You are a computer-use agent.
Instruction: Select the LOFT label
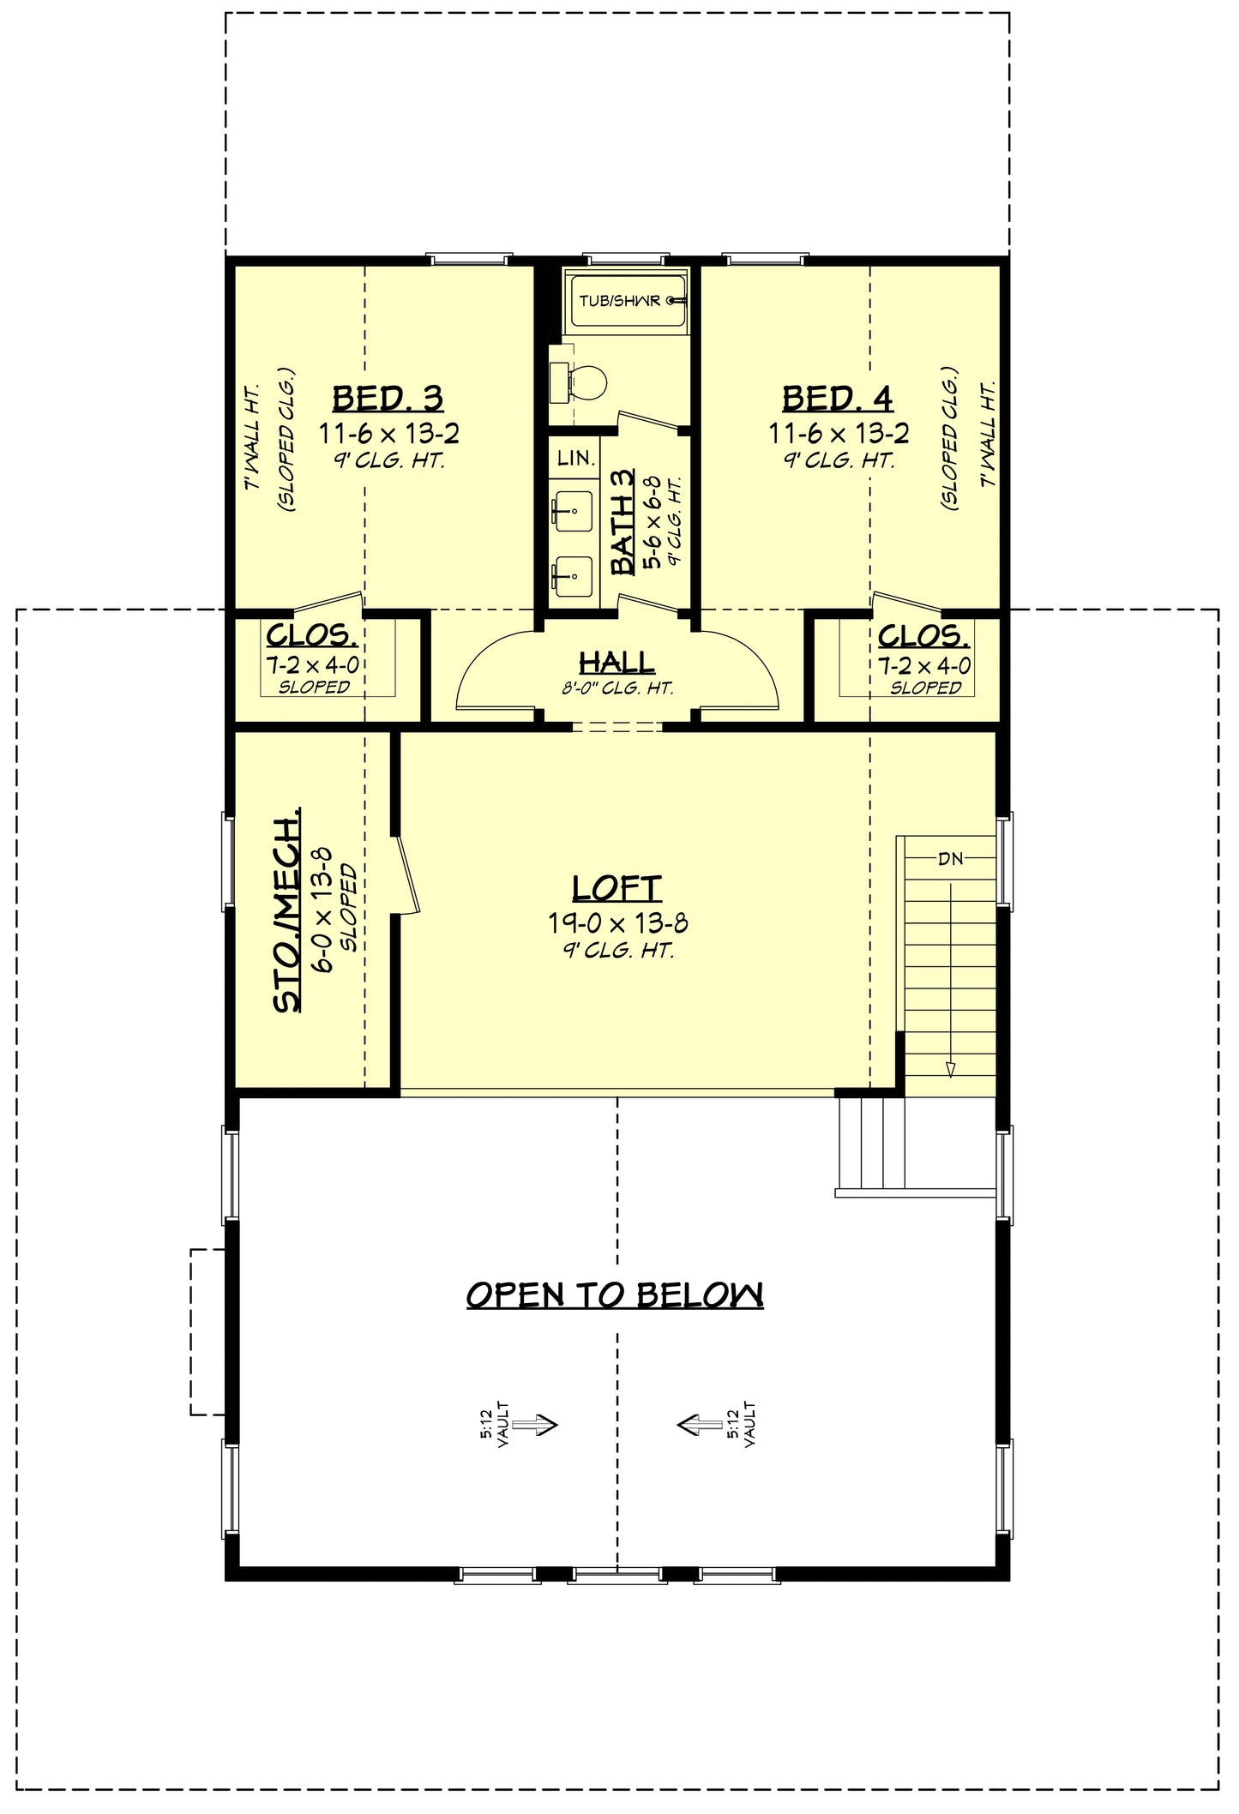[616, 888]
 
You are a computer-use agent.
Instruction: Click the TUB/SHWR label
[620, 301]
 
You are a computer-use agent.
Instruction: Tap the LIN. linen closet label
[575, 459]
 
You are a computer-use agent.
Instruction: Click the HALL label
[616, 662]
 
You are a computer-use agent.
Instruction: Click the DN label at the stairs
[950, 858]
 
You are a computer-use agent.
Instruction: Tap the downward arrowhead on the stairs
[950, 1068]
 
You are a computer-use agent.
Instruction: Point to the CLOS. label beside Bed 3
[312, 635]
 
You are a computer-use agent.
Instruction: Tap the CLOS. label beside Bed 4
[924, 635]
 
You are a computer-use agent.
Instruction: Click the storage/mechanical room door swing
[406, 874]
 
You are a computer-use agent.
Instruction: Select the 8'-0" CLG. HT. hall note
[616, 688]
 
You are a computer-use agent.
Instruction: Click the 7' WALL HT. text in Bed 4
[988, 435]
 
